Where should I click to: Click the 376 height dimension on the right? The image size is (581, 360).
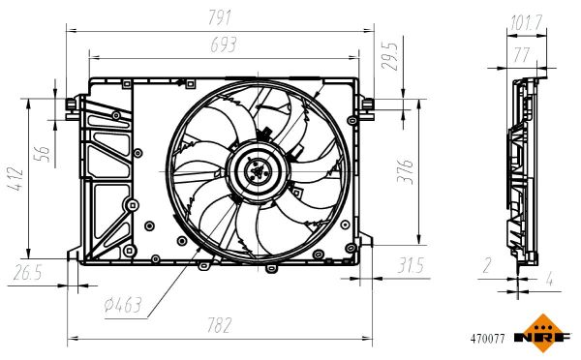408,171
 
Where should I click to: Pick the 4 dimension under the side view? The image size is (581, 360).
549,282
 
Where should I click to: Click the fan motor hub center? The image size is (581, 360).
257,173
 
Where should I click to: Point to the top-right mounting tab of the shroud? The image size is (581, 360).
367,105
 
